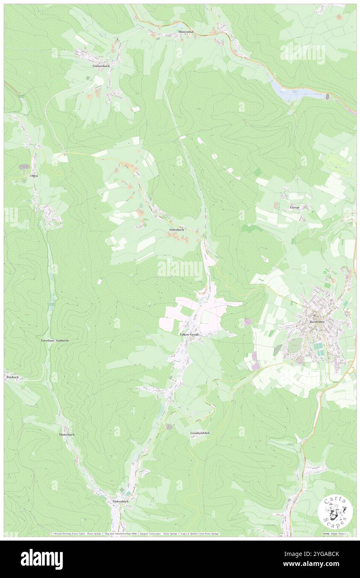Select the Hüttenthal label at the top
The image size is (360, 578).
pyautogui.click(x=185, y=32)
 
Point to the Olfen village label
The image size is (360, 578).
pyautogui.click(x=34, y=176)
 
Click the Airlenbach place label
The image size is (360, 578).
pyautogui.click(x=176, y=230)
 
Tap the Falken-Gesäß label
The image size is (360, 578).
pyautogui.click(x=189, y=334)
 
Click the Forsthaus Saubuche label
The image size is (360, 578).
pyautogui.click(x=54, y=340)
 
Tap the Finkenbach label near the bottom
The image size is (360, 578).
pyautogui.click(x=121, y=501)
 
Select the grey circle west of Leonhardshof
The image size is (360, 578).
pyautogui.click(x=169, y=427)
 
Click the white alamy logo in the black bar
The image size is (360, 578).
pyautogui.click(x=42, y=558)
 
